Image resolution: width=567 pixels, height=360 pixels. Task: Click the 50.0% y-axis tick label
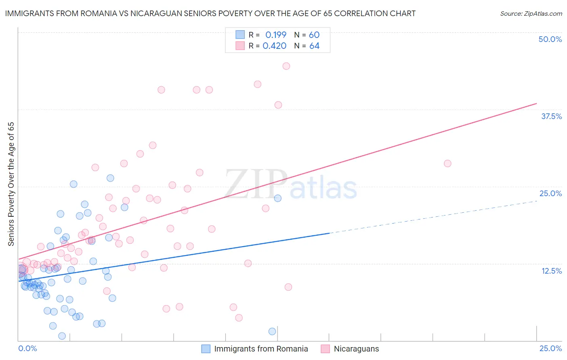pos(550,39)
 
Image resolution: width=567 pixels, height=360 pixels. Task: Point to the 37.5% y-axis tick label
pos(551,116)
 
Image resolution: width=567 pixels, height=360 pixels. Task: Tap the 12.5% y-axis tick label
pos(551,271)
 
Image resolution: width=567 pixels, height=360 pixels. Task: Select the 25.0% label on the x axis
pos(550,348)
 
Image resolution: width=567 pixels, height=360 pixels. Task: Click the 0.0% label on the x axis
pos(27,348)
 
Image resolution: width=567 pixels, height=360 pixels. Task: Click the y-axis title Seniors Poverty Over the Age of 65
pos(11,184)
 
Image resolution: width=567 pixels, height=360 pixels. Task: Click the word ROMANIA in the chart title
pos(100,13)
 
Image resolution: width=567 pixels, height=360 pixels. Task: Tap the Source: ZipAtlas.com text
pos(531,13)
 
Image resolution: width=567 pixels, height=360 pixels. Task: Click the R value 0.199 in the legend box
pos(276,35)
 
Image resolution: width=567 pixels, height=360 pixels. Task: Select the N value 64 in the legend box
pos(314,46)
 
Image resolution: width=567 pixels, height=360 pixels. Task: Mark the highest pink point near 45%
pos(286,66)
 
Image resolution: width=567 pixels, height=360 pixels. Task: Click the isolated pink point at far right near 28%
pos(447,163)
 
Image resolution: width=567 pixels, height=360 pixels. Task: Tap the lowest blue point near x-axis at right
pos(272,331)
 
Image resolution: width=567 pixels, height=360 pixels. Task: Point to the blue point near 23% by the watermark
pos(278,198)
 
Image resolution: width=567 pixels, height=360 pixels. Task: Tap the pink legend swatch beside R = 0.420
pos(240,46)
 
